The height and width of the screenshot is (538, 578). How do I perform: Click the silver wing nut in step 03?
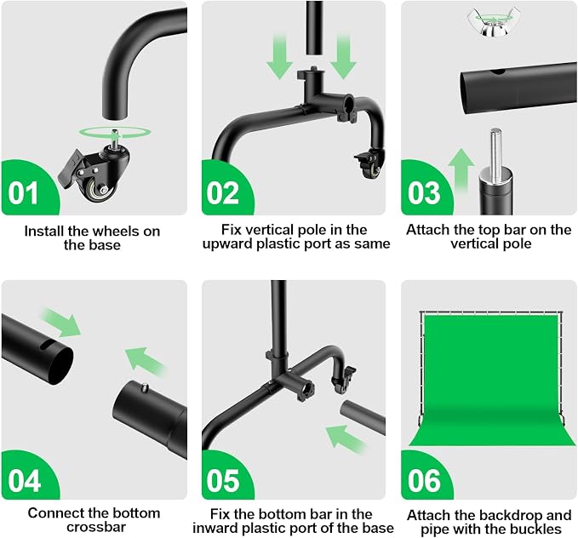pyautogui.click(x=489, y=23)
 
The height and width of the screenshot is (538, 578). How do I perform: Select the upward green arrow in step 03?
pyautogui.click(x=461, y=169)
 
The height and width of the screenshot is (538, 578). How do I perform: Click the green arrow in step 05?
pyautogui.click(x=346, y=439)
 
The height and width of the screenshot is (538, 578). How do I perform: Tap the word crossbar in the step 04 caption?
pyautogui.click(x=96, y=527)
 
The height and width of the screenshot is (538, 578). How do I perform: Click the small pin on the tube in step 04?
pyautogui.click(x=145, y=387)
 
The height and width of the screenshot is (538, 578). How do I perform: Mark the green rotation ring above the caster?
pyautogui.click(x=115, y=133)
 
